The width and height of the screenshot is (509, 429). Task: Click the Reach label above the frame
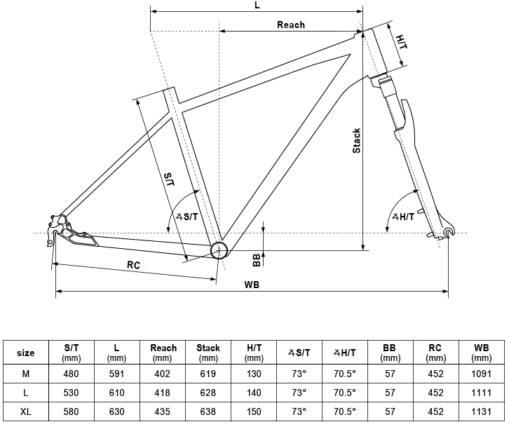click(x=291, y=25)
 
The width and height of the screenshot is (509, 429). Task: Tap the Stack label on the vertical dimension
click(x=356, y=140)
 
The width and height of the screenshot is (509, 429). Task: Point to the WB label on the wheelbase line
click(x=252, y=285)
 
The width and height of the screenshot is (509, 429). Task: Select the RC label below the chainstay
click(x=133, y=265)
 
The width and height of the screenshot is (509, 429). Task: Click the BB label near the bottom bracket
click(x=257, y=260)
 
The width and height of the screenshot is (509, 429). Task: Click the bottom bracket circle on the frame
click(x=219, y=250)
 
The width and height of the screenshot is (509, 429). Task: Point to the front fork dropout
click(x=449, y=231)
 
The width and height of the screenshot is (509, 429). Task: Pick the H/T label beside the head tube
click(x=401, y=42)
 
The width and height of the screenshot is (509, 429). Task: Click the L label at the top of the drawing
click(x=257, y=5)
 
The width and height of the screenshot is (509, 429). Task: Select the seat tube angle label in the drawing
click(x=186, y=217)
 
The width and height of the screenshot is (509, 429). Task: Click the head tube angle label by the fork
click(x=403, y=217)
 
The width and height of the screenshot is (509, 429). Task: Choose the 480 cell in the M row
click(x=71, y=374)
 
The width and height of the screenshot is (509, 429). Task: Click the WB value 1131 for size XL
click(x=481, y=411)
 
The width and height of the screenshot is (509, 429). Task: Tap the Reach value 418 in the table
click(x=163, y=393)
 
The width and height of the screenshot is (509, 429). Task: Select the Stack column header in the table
click(x=208, y=353)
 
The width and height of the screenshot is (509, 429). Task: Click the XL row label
click(x=26, y=411)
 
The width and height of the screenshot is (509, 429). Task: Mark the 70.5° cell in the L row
click(x=345, y=393)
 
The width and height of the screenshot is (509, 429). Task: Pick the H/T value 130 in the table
click(x=254, y=374)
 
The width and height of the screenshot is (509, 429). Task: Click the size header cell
click(x=26, y=353)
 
